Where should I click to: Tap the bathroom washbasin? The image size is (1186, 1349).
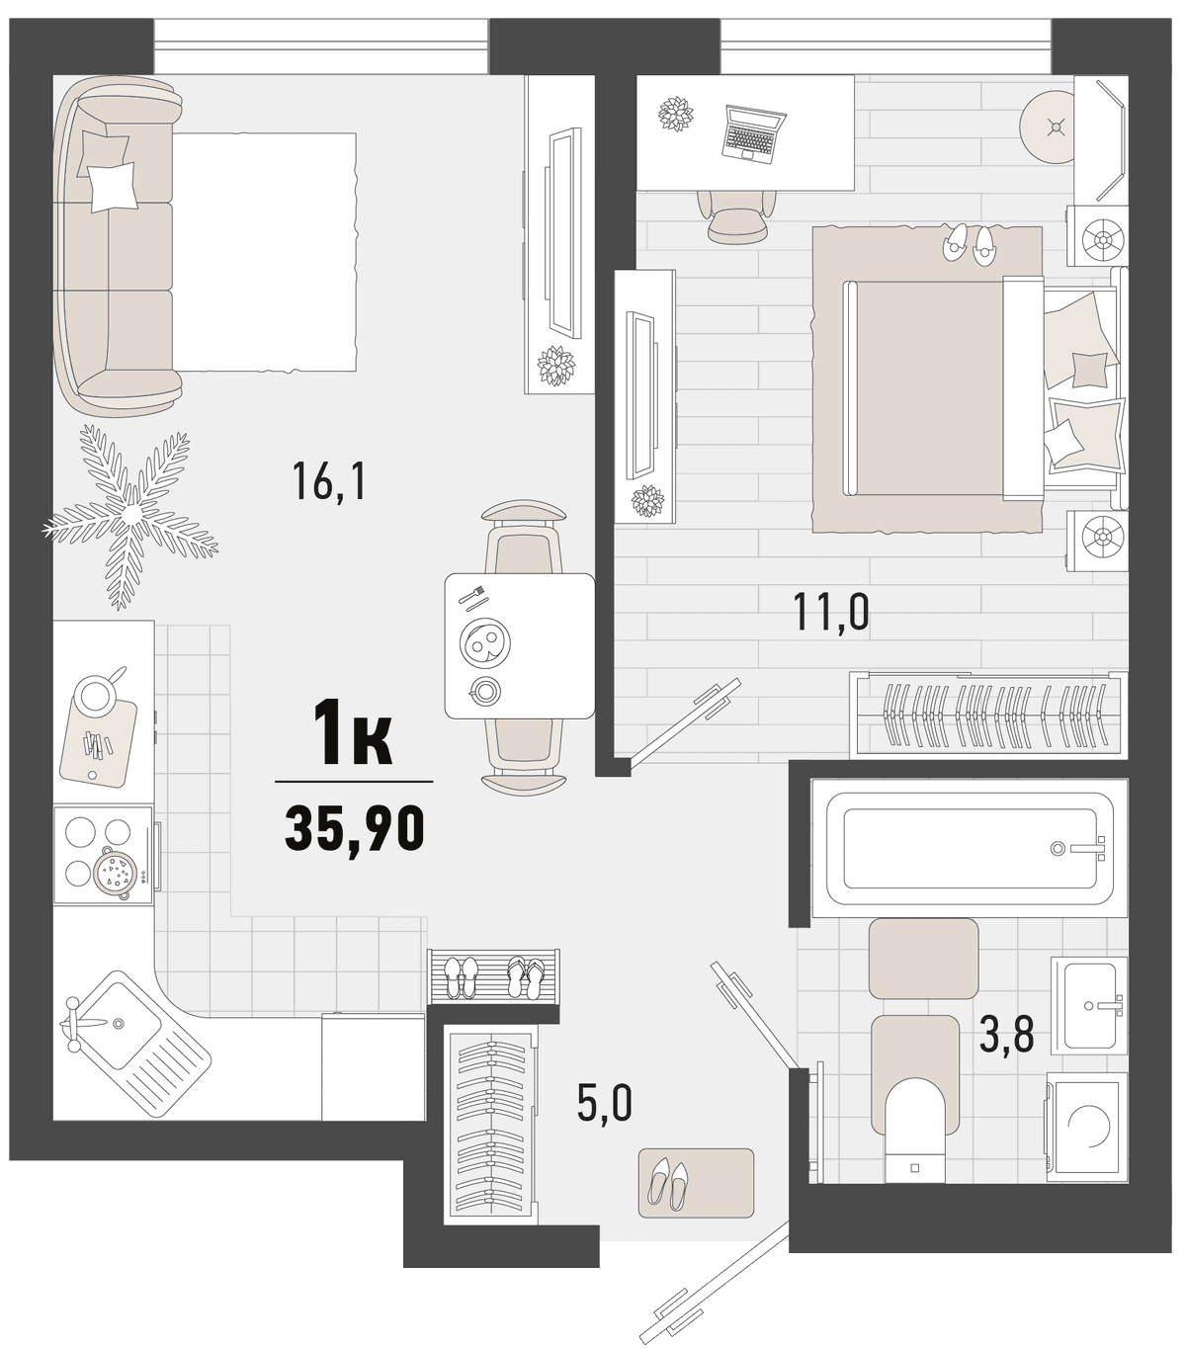pos(1089,1006)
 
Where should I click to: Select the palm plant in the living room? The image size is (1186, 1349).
pos(129,514)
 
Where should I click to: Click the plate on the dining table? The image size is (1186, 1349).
pos(485,641)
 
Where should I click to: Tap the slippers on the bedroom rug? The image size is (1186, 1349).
pos(967,245)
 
